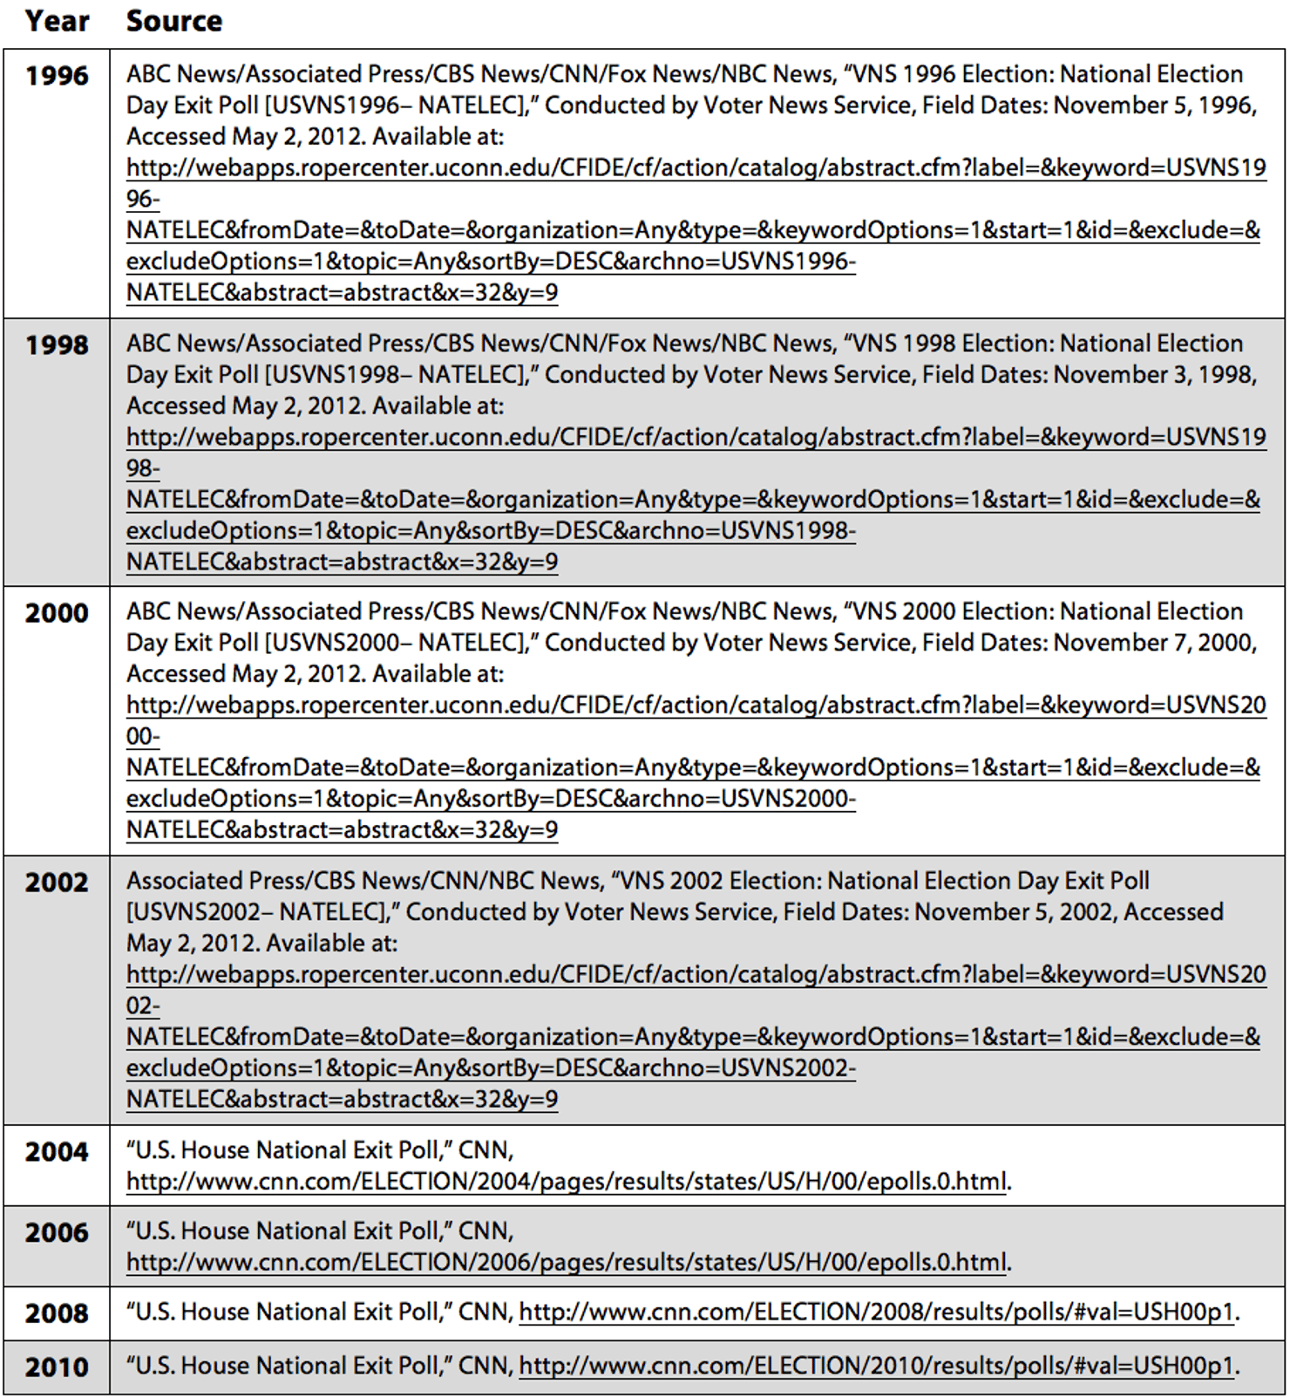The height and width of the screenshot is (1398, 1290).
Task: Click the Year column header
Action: pyautogui.click(x=57, y=21)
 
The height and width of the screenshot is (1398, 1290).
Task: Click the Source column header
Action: pyautogui.click(x=174, y=21)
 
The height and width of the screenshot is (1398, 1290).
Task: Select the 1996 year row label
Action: pyautogui.click(x=57, y=76)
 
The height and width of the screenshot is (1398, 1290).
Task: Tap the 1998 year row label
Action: pyautogui.click(x=57, y=345)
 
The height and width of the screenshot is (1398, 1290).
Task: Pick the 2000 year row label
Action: pyautogui.click(x=57, y=613)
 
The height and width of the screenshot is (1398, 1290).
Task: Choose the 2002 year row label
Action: pyautogui.click(x=57, y=883)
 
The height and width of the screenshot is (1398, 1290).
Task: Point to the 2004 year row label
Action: pyautogui.click(x=57, y=1152)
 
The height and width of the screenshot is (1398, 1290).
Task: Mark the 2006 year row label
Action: pyautogui.click(x=57, y=1233)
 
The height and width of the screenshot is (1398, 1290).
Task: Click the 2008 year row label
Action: pyautogui.click(x=57, y=1313)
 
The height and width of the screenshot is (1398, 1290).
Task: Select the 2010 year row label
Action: pyautogui.click(x=57, y=1367)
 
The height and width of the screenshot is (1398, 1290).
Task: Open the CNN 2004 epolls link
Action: pyautogui.click(x=567, y=1182)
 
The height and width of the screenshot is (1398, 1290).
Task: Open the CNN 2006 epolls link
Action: pyautogui.click(x=567, y=1263)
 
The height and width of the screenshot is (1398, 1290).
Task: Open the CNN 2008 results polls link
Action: pyautogui.click(x=876, y=1313)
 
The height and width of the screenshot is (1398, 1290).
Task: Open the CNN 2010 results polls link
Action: pyautogui.click(x=876, y=1367)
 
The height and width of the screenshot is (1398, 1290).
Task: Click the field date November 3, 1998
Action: pyautogui.click(x=1154, y=375)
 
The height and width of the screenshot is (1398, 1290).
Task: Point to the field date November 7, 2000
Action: pyautogui.click(x=1154, y=643)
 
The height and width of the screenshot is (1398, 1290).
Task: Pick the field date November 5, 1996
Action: pyautogui.click(x=1154, y=106)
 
